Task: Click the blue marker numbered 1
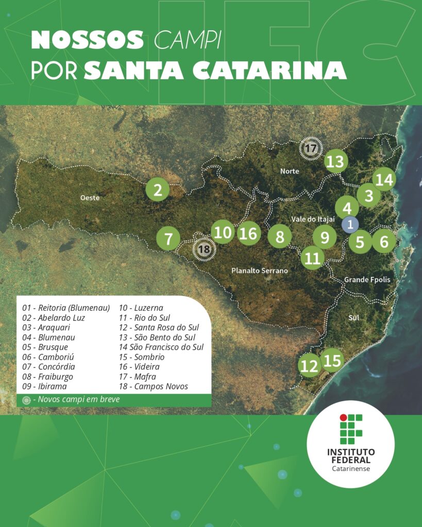pos(350,224)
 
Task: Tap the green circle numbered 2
pos(158,190)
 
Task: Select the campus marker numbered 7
pos(168,239)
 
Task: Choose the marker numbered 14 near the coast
pos(384,180)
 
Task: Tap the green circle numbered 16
pos(248,233)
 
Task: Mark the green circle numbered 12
pos(309,366)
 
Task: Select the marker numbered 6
pos(384,241)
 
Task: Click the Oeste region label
pos(90,198)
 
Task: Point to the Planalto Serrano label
pos(259,270)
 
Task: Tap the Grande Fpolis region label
pos(367,279)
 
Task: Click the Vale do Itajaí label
pos(313,219)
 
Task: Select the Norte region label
pos(289,171)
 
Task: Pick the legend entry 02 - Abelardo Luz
pos(54,318)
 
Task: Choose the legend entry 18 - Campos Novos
pos(154,386)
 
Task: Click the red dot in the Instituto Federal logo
pos(343,417)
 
